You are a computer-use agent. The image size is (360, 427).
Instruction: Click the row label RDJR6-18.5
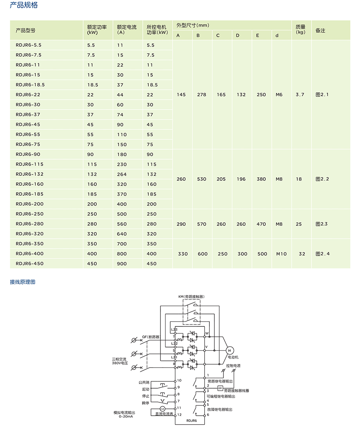[30, 85]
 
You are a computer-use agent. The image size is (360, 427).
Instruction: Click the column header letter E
[257, 36]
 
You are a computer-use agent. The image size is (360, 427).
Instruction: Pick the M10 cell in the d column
[281, 254]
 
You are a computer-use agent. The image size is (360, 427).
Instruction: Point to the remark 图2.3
[321, 224]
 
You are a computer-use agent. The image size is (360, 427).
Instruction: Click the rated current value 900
[122, 264]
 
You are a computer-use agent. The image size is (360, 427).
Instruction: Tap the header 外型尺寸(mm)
[193, 25]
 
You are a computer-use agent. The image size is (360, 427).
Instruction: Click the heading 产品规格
[23, 5]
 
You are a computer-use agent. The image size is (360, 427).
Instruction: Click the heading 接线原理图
[22, 282]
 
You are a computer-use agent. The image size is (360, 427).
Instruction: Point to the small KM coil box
[220, 388]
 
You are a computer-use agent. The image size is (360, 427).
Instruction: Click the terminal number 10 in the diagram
[179, 380]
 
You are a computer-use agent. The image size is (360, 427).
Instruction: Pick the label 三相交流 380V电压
[120, 361]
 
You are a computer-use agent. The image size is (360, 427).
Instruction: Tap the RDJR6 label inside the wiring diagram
[191, 421]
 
